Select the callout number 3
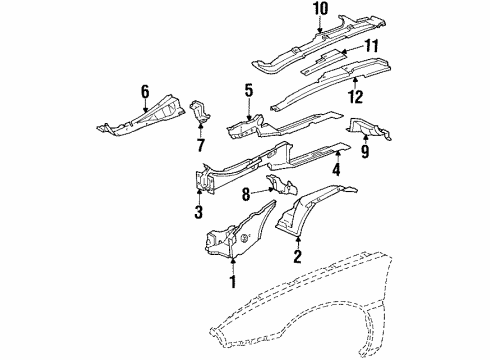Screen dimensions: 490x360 198,212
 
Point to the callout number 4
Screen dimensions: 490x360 336,169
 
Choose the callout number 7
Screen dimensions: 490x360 200,146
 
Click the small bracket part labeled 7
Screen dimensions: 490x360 201,113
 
